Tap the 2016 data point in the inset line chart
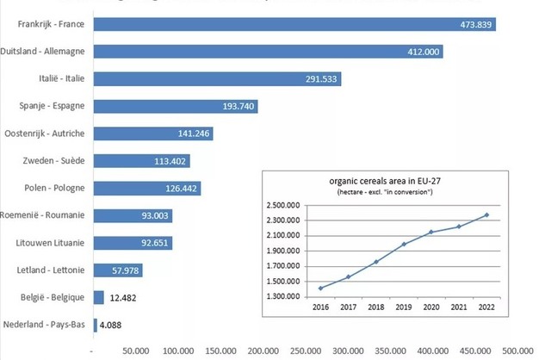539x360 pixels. (320, 288)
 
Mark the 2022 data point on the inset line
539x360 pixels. (486, 214)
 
